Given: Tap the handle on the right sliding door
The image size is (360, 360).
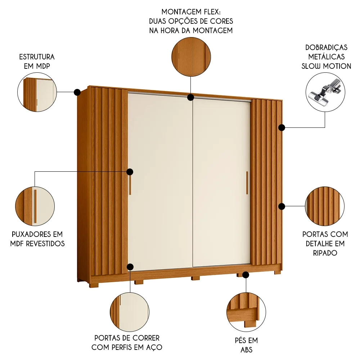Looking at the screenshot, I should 247,184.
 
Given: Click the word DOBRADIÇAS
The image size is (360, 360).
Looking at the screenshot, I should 326,48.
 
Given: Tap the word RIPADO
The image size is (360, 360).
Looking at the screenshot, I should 325,253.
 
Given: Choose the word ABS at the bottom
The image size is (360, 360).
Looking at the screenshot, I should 246,349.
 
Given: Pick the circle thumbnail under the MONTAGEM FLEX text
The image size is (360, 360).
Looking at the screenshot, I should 191,56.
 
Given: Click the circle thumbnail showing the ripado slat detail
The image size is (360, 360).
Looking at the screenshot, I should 325,206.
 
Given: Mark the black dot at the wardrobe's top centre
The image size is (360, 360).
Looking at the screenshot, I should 191,97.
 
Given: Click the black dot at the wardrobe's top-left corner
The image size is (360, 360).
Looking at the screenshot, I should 77,93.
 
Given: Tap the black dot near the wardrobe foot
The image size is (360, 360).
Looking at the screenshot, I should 246,275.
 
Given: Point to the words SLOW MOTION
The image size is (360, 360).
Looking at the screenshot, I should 326,66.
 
